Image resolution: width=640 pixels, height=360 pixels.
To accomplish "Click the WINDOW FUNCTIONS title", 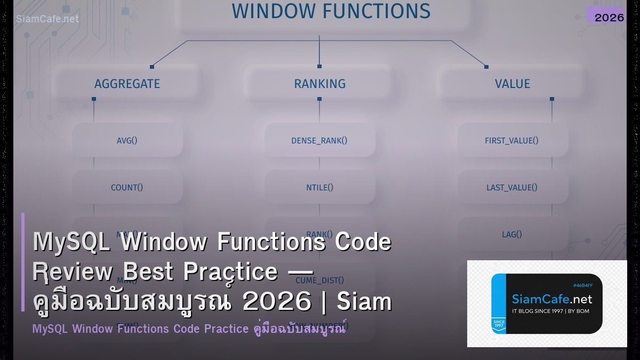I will (x=331, y=11).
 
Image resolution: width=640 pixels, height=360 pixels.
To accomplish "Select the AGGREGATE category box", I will (x=127, y=84).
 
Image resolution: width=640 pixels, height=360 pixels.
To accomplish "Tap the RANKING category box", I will (x=319, y=84).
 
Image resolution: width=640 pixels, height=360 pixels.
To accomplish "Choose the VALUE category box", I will (x=512, y=84).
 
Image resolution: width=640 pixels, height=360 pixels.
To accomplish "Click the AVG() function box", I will (x=127, y=141).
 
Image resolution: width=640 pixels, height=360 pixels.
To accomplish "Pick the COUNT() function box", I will (x=127, y=187).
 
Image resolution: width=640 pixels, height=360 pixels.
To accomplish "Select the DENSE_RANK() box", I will (x=319, y=141).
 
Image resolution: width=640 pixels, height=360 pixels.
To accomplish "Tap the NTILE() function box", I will (x=319, y=187).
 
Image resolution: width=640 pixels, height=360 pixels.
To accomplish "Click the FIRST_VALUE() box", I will (x=511, y=141).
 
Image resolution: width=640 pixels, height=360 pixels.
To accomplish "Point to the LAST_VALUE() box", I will (x=511, y=187).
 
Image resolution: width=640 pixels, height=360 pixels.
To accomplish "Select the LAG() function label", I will (x=511, y=234).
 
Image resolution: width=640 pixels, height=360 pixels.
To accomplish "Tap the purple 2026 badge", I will (x=609, y=17).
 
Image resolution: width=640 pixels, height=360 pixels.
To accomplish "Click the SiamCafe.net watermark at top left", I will (x=47, y=19).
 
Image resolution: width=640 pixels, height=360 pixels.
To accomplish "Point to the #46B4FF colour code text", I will (x=582, y=285).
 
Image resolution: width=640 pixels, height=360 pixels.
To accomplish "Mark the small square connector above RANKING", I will (x=319, y=67).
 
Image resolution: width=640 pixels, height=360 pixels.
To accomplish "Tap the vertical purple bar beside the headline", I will (x=23, y=262).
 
